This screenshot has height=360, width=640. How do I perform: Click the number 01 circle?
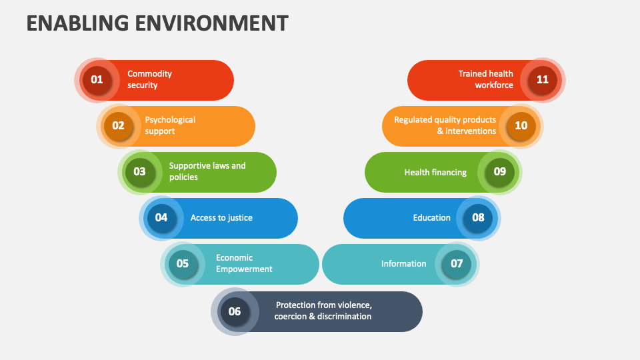click(x=97, y=80)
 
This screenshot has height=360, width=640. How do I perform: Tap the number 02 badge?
click(x=119, y=126)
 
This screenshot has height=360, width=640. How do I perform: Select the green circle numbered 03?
click(x=139, y=172)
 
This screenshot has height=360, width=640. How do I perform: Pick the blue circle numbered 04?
click(x=161, y=218)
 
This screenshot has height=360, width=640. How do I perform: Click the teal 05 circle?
click(x=183, y=264)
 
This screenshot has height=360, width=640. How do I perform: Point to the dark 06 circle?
click(x=235, y=312)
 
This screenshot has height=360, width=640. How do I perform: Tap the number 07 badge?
click(x=457, y=264)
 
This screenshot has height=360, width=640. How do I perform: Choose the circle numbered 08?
click(x=478, y=218)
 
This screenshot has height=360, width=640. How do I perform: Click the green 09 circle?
click(x=499, y=172)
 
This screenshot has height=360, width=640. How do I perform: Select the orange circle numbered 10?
click(x=521, y=126)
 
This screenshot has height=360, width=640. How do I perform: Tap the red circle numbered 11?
click(x=543, y=80)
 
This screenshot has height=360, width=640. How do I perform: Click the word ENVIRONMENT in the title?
click(x=212, y=23)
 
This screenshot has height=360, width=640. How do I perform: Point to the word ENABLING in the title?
click(x=77, y=23)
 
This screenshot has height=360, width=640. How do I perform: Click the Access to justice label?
click(x=221, y=218)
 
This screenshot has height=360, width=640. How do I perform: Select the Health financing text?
click(x=435, y=173)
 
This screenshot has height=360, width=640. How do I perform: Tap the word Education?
click(x=432, y=218)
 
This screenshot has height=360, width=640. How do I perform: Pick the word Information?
click(x=404, y=264)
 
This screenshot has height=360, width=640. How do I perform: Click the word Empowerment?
click(x=244, y=269)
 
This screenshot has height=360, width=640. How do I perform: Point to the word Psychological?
click(x=170, y=120)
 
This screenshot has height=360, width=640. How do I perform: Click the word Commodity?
click(x=149, y=74)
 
